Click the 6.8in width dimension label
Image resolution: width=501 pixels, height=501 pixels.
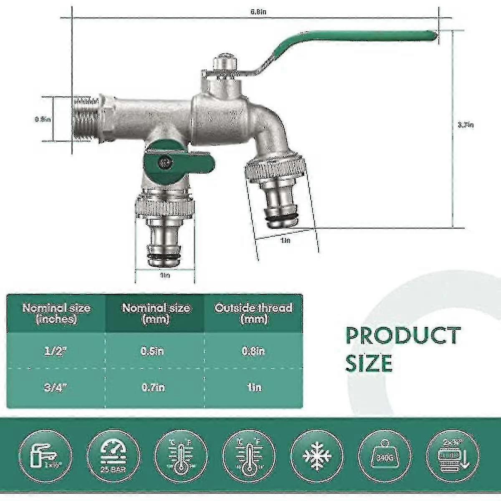(x=258, y=12)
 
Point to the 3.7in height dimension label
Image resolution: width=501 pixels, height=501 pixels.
(x=466, y=124)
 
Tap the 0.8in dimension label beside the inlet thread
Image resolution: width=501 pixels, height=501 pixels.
(x=43, y=119)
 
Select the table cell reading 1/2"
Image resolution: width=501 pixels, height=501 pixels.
(x=56, y=351)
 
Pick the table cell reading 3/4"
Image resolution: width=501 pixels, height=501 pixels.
(x=56, y=387)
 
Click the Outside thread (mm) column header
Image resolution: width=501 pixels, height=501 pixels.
(x=253, y=314)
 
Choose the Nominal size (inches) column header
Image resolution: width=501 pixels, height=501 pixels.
(x=56, y=314)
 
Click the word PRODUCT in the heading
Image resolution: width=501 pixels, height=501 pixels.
(x=403, y=336)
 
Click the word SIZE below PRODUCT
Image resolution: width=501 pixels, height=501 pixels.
(x=369, y=363)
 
